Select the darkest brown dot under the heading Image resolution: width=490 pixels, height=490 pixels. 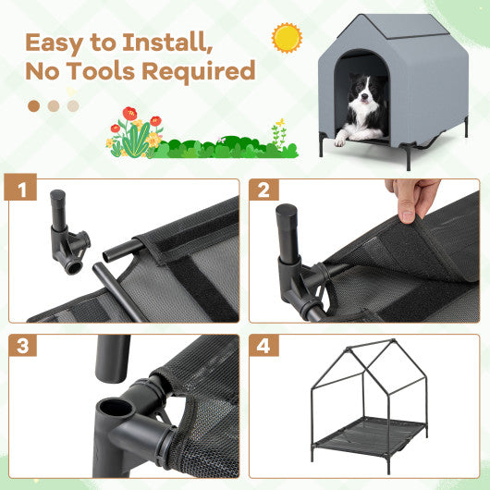34,105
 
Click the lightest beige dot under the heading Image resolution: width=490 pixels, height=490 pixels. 73,105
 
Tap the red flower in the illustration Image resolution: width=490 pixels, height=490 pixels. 129,116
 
